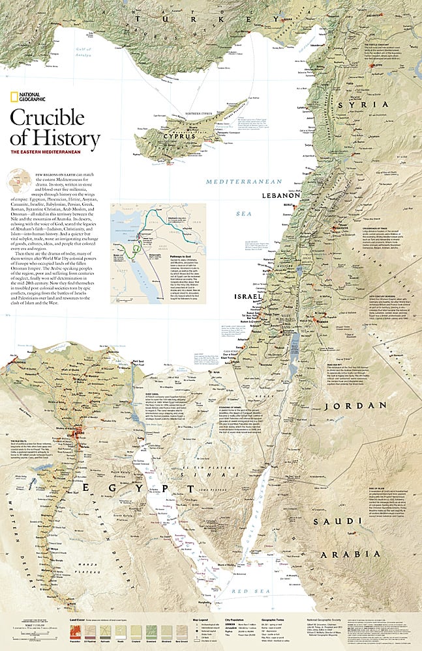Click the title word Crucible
[47, 117]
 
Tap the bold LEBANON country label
[280, 195]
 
